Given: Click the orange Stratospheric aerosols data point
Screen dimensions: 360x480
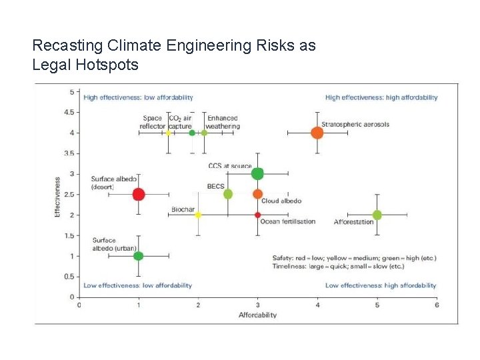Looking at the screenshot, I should pos(317,133).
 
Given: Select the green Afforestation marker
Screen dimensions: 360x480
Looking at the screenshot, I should pos(377,215).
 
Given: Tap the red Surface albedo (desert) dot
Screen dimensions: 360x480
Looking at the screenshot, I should pos(139,194).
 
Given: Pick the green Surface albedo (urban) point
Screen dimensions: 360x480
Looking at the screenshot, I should pos(139,256).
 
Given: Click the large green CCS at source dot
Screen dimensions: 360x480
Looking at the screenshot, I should pos(257,174).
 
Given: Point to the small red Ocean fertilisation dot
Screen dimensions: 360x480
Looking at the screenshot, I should pos(257,215).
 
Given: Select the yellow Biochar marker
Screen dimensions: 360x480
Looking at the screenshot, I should pos(198,215).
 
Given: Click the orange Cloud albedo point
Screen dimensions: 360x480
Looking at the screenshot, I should pos(257,194).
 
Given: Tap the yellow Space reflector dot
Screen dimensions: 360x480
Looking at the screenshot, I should pos(169,133).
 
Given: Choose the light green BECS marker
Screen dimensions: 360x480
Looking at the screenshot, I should pos(228,194).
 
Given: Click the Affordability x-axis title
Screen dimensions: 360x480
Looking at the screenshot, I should pos(257,315).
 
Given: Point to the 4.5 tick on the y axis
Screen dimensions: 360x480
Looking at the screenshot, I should pos(68,112).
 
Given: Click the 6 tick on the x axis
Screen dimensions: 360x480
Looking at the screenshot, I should pos(436,305).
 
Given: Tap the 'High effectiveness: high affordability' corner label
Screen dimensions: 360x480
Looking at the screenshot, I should pos(381,97).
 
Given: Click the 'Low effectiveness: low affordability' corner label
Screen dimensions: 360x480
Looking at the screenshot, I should pos(137,285).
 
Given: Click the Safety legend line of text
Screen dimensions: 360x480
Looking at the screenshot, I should pos(354,258).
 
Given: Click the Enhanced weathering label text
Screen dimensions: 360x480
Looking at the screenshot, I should pos(223,122).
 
